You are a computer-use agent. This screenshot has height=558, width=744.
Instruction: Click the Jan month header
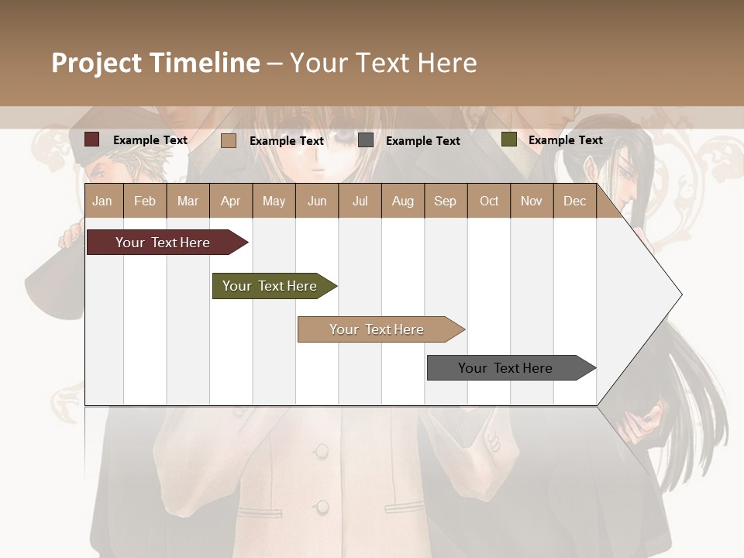click(102, 201)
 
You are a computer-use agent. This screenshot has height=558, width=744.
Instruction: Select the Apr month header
click(231, 201)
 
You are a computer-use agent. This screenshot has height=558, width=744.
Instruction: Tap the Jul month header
click(360, 201)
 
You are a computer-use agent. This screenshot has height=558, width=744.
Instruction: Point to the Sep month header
click(445, 201)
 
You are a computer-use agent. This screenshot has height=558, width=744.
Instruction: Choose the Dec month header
click(574, 201)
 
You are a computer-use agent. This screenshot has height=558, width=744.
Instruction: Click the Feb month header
click(145, 201)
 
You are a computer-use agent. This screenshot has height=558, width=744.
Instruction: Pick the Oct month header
click(489, 201)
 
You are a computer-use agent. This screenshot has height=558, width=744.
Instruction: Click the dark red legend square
click(92, 139)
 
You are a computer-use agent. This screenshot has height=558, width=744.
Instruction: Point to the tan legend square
click(229, 140)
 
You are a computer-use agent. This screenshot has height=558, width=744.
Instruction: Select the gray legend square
click(366, 140)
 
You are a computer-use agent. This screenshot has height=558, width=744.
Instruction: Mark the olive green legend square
click(508, 139)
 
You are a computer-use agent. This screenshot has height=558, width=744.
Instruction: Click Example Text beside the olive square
click(565, 140)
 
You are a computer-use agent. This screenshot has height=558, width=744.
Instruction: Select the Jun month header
click(317, 201)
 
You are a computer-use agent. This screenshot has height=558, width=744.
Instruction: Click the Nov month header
click(532, 201)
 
